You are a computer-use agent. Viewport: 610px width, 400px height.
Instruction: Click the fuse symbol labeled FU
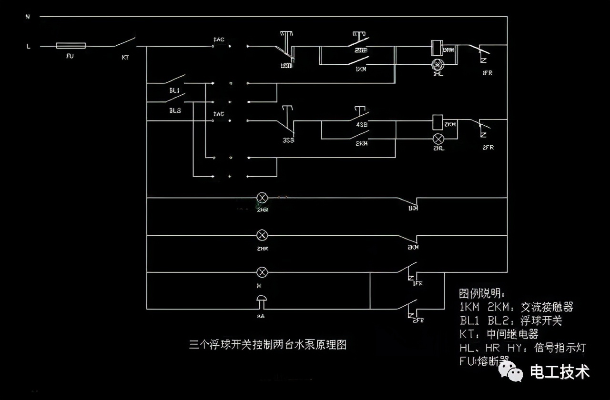(71, 46)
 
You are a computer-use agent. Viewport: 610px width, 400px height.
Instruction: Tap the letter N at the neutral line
(28, 17)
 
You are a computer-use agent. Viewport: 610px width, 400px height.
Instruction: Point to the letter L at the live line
(28, 46)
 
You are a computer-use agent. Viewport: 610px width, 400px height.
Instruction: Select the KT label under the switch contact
(125, 57)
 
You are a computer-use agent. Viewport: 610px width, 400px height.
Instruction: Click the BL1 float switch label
(174, 90)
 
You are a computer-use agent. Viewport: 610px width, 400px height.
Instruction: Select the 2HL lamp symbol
(437, 139)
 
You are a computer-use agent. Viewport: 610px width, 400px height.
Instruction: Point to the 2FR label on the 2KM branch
(488, 147)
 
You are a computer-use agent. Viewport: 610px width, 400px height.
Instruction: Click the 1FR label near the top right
(488, 73)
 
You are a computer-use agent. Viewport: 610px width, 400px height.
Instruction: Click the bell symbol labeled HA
(261, 301)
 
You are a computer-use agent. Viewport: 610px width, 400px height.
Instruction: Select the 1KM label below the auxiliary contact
(361, 69)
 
